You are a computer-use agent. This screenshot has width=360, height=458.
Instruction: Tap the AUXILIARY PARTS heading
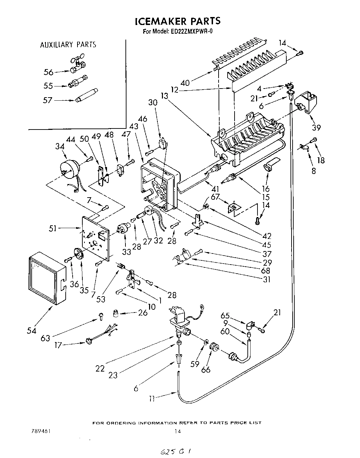(68, 45)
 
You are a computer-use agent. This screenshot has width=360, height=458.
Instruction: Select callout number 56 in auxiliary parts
(48, 72)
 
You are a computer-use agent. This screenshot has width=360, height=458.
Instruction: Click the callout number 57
(48, 100)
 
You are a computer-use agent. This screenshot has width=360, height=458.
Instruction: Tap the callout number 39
(316, 127)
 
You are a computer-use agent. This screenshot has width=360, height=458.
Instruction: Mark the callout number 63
(46, 338)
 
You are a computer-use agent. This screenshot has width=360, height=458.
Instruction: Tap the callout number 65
(225, 316)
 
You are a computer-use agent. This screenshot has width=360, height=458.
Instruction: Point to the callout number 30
(153, 103)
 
